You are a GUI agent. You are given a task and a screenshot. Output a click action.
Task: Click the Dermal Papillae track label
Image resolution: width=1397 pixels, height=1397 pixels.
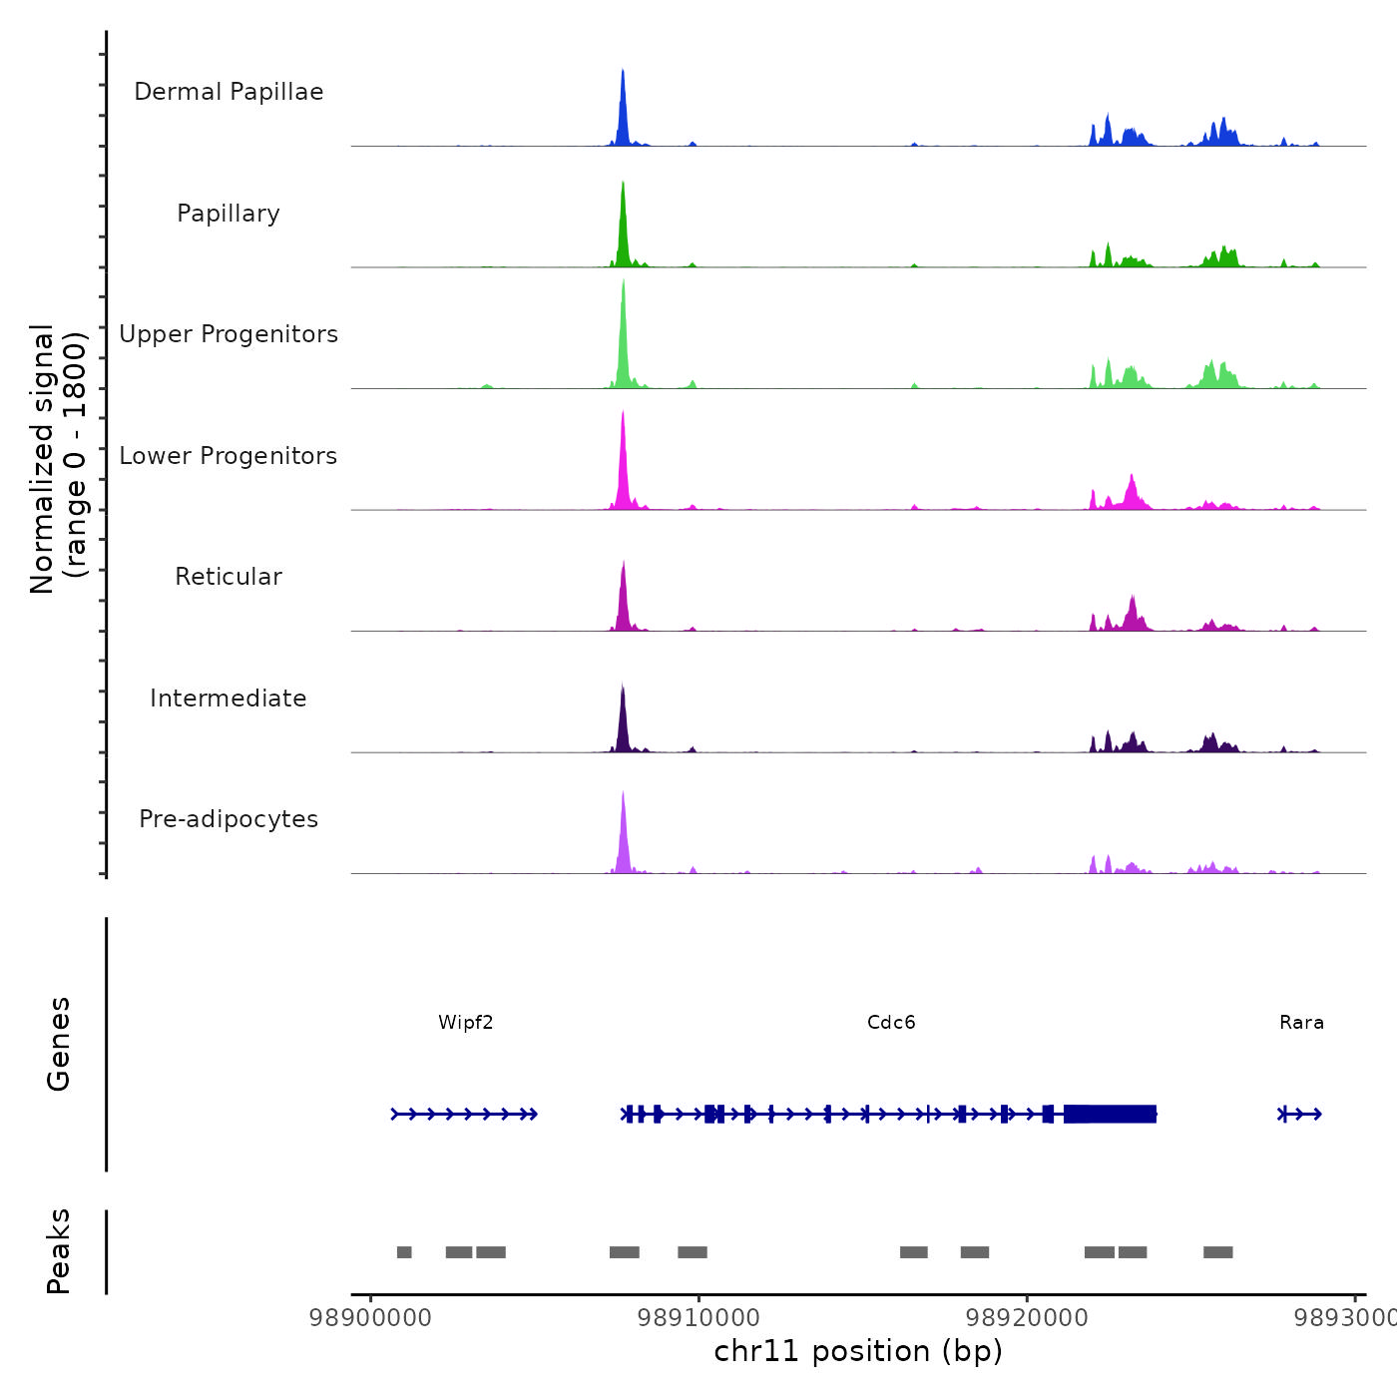[x=229, y=92]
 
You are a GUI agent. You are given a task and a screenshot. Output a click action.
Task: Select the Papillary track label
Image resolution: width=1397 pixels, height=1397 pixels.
[x=229, y=214]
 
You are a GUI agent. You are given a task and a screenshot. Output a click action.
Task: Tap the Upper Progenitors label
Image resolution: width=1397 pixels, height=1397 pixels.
[x=229, y=334]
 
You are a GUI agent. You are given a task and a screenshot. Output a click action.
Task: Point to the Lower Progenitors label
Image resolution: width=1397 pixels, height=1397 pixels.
[x=229, y=456]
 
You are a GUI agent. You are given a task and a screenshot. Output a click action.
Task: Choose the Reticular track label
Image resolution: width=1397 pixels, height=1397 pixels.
[x=229, y=577]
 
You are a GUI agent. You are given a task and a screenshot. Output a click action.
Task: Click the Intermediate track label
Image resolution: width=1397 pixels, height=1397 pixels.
[x=229, y=698]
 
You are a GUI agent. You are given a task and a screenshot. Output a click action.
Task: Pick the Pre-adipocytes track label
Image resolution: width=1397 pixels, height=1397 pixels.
[x=229, y=819]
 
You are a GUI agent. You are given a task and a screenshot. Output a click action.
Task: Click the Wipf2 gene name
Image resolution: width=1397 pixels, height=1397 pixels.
[x=466, y=1023]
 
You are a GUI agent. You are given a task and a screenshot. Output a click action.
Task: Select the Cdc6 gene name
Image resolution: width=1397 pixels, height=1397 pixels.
[x=891, y=1023]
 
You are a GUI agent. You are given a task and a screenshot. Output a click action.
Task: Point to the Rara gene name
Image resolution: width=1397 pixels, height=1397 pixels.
[x=1301, y=1023]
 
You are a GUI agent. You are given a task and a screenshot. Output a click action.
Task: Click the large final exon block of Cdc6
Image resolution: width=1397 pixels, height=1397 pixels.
[x=1110, y=1114]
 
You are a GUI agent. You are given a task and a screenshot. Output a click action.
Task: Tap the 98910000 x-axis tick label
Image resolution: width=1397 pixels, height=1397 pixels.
[x=699, y=1318]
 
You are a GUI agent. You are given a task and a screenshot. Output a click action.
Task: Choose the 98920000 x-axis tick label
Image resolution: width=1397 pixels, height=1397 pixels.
[x=1028, y=1318]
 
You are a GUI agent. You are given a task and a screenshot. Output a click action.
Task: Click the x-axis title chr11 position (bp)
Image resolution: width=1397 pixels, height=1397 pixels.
[x=858, y=1351]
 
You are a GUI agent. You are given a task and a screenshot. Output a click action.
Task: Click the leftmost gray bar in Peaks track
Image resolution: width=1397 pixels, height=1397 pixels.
[x=404, y=1252]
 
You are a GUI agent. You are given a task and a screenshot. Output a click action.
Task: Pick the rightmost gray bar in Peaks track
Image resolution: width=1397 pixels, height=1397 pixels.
[x=1217, y=1252]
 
